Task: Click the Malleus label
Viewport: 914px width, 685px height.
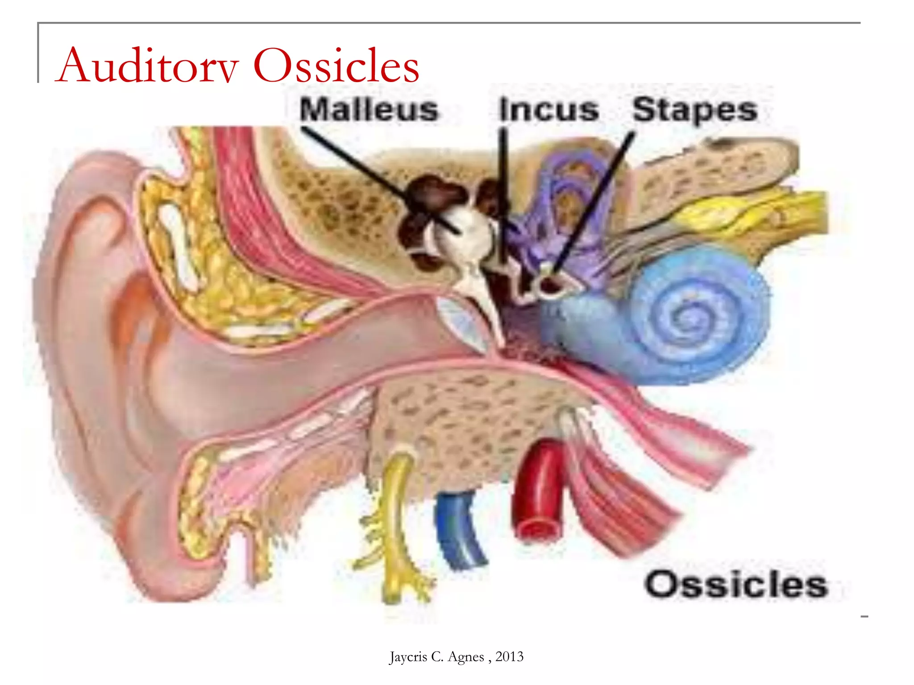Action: pos(369,110)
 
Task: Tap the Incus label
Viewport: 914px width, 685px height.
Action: pos(549,110)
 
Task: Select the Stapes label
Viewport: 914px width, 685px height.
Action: pos(695,110)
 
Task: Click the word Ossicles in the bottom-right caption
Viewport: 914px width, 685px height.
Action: pos(736,584)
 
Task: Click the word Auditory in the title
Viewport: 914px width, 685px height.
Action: pos(147,66)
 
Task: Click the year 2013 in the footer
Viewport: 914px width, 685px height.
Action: pos(509,656)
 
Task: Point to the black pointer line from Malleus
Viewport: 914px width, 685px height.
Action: pos(379,178)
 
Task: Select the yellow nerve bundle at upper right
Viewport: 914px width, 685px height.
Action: pos(750,210)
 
